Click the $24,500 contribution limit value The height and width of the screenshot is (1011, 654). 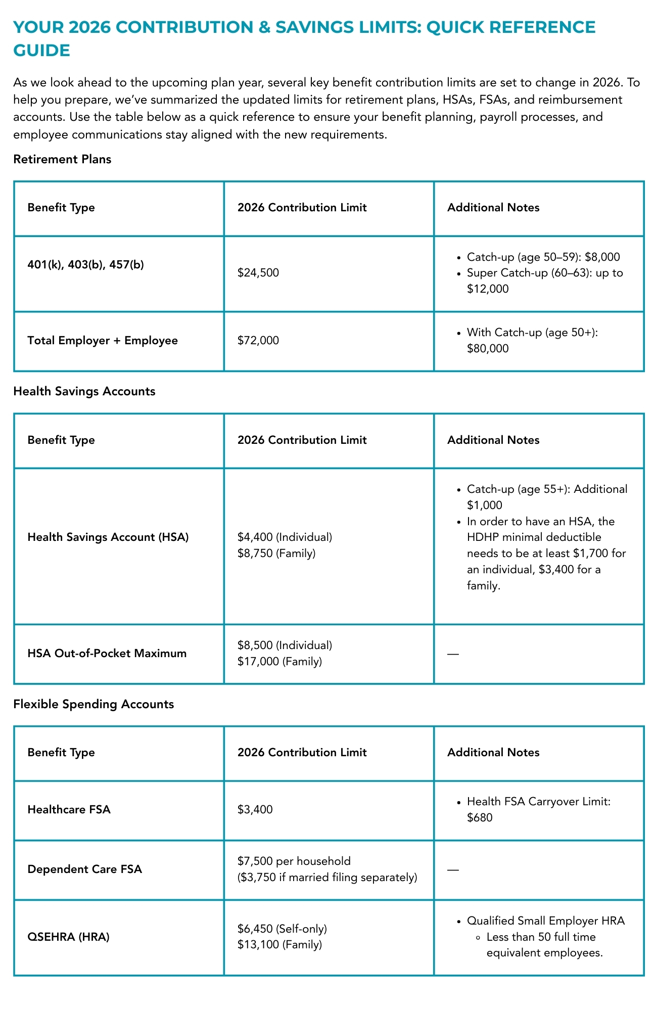tap(258, 273)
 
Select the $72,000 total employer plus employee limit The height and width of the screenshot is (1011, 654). tap(258, 341)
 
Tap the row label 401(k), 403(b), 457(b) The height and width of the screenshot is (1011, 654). tap(85, 264)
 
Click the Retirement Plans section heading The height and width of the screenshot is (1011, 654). tap(62, 159)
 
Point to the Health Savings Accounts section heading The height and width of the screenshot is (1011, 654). tap(84, 391)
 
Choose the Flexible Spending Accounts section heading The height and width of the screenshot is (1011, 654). tap(94, 704)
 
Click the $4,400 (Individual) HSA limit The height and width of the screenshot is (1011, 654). tap(285, 537)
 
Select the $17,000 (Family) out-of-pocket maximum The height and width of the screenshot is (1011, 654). tap(279, 661)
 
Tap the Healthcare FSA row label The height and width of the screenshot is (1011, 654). tap(69, 809)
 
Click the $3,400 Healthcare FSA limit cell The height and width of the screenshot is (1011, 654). tap(255, 809)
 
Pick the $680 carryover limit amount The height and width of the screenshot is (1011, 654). tap(480, 817)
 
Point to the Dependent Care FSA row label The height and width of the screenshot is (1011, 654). tap(84, 869)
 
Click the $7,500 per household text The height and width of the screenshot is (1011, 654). tap(294, 861)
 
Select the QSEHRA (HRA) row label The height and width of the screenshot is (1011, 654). tap(68, 937)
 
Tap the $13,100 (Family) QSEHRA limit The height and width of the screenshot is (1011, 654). tap(279, 944)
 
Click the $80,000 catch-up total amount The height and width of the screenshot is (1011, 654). tap(488, 348)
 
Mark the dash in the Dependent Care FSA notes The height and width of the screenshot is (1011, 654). tap(453, 869)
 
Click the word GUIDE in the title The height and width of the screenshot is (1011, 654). tap(41, 51)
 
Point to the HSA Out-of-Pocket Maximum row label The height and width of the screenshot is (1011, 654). tap(107, 653)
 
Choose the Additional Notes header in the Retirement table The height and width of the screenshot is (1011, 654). tap(493, 208)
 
